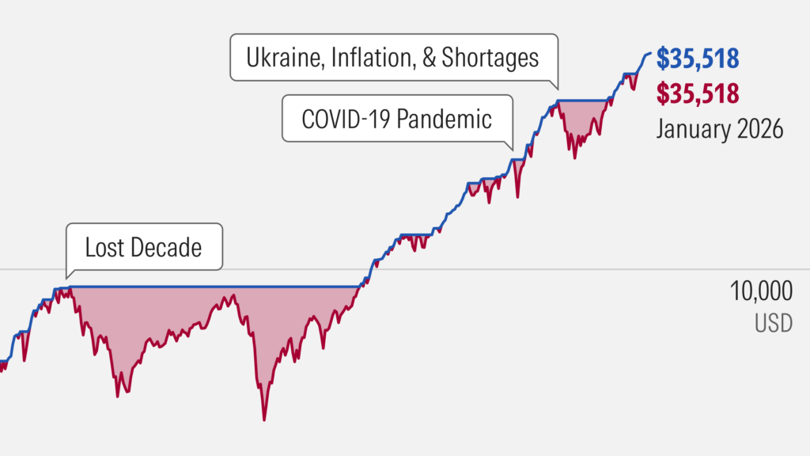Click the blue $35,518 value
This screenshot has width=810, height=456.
tap(698, 59)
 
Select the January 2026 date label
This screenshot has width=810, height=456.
tap(719, 127)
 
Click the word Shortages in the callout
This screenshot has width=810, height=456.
tap(490, 58)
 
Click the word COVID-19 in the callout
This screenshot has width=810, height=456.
tap(345, 120)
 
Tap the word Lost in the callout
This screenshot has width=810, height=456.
tap(103, 248)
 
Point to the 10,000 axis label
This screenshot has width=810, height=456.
tap(760, 292)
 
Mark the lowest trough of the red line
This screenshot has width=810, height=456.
tap(264, 419)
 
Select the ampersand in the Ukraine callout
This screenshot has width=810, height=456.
tap(429, 58)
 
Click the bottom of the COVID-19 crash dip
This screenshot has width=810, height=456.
tap(517, 196)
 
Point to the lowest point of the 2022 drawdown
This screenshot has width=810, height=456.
tap(574, 158)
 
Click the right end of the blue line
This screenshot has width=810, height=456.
tap(650, 53)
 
